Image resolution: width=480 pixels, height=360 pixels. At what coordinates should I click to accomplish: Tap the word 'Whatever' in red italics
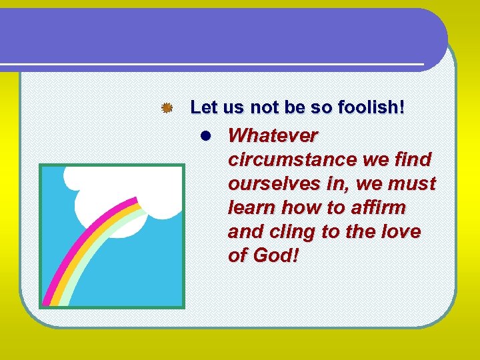(x=273, y=136)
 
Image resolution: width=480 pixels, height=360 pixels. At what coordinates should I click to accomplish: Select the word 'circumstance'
(x=283, y=160)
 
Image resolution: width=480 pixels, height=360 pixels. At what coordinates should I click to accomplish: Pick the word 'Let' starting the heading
(x=203, y=107)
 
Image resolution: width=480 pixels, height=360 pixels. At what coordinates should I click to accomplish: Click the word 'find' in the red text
(x=413, y=160)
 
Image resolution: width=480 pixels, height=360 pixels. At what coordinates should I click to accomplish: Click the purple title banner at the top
(x=220, y=37)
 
